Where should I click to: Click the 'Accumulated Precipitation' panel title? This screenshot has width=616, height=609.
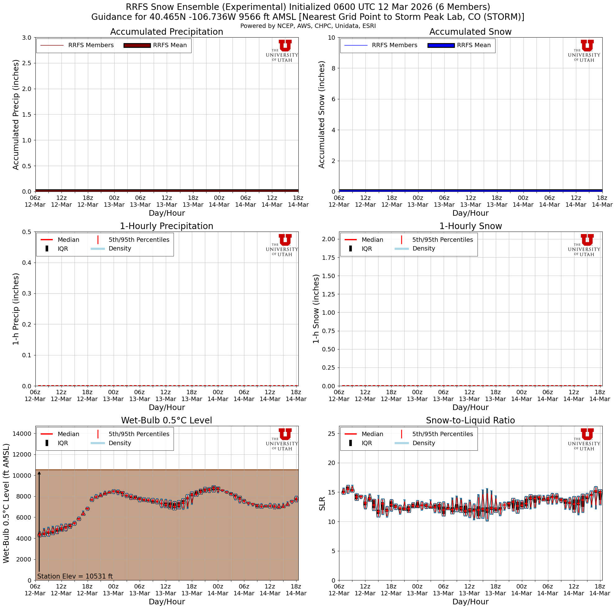click(166, 32)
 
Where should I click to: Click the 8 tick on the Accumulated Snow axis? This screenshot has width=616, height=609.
click(332, 68)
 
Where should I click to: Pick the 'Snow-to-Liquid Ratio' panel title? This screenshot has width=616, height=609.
click(470, 420)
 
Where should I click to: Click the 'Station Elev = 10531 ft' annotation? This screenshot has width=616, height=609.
click(75, 576)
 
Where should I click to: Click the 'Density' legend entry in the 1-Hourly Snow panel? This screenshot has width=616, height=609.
click(423, 249)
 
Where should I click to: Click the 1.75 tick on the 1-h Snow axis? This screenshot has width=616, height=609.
click(328, 258)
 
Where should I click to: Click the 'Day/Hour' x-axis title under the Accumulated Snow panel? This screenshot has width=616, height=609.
click(470, 213)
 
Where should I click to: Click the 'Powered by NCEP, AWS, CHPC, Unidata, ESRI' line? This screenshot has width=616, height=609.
click(308, 26)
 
